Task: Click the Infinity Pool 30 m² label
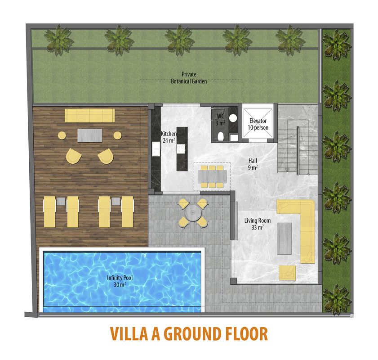coord(120,281)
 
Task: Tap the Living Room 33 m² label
coord(258,224)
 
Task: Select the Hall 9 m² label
coord(253,164)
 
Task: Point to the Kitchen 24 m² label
coord(169,137)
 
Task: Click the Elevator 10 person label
coord(258,124)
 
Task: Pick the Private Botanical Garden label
coord(189,78)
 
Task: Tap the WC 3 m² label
coord(220,120)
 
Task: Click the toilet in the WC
coord(221,136)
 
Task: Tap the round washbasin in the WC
coord(233,118)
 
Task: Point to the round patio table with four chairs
coord(193,213)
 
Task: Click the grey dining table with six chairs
coord(212,176)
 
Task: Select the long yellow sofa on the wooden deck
coord(90,116)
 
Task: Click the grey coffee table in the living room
coord(285,238)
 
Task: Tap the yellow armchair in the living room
coord(287,273)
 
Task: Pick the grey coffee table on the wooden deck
coord(90,135)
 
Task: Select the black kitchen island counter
coord(182,149)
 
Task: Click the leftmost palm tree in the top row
coord(59,39)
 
